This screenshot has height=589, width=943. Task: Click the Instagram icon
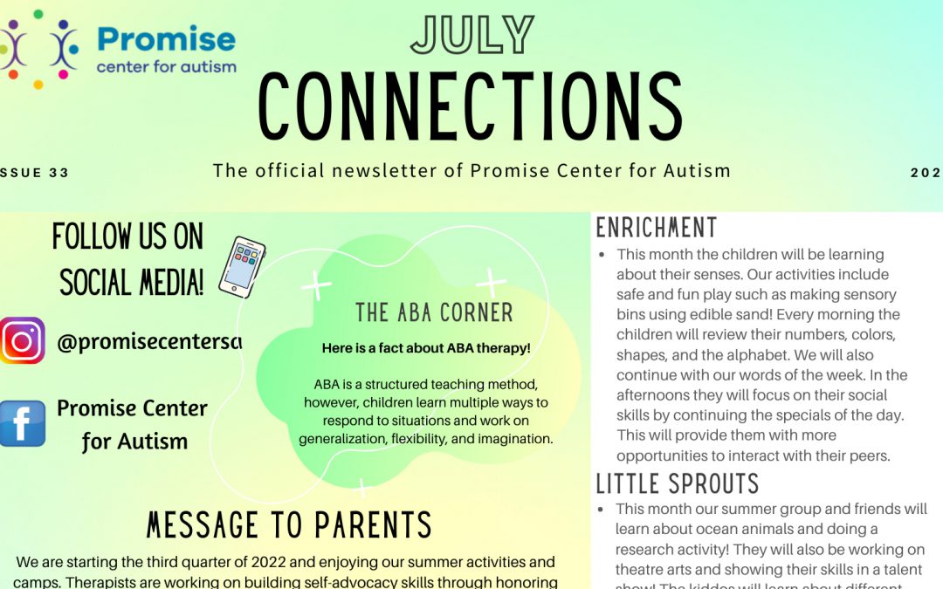pyautogui.click(x=22, y=340)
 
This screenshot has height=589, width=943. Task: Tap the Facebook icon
pyautogui.click(x=22, y=423)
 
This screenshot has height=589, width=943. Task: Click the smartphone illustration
pyautogui.click(x=241, y=265)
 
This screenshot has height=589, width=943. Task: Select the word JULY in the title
pyautogui.click(x=471, y=35)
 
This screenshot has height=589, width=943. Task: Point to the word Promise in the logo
pyautogui.click(x=166, y=39)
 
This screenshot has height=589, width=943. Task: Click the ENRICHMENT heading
pyautogui.click(x=656, y=229)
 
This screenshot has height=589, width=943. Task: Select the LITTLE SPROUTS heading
pyautogui.click(x=678, y=483)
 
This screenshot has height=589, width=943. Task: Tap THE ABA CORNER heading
pyautogui.click(x=434, y=312)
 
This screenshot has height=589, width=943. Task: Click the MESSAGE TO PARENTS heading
pyautogui.click(x=289, y=525)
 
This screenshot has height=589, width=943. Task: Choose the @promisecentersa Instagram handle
pyautogui.click(x=148, y=343)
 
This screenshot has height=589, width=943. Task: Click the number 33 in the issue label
pyautogui.click(x=59, y=173)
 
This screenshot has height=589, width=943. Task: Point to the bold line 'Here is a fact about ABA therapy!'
pyautogui.click(x=426, y=348)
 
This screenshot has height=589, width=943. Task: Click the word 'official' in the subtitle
pyautogui.click(x=291, y=170)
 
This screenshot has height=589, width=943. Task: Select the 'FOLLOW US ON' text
pyautogui.click(x=127, y=236)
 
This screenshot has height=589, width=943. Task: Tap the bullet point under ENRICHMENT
pyautogui.click(x=602, y=255)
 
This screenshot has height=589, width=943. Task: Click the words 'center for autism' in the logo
pyautogui.click(x=166, y=67)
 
